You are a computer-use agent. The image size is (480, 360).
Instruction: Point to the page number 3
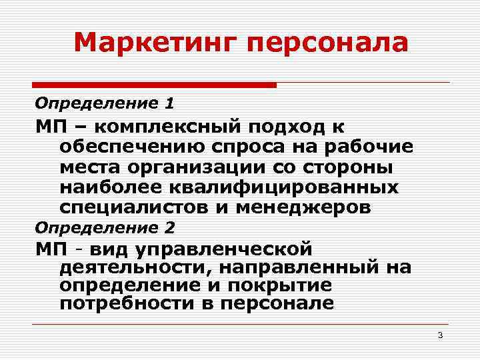(x=440, y=335)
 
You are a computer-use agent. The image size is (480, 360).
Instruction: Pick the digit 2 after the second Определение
(x=170, y=227)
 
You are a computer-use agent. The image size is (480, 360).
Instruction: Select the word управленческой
(x=223, y=250)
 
